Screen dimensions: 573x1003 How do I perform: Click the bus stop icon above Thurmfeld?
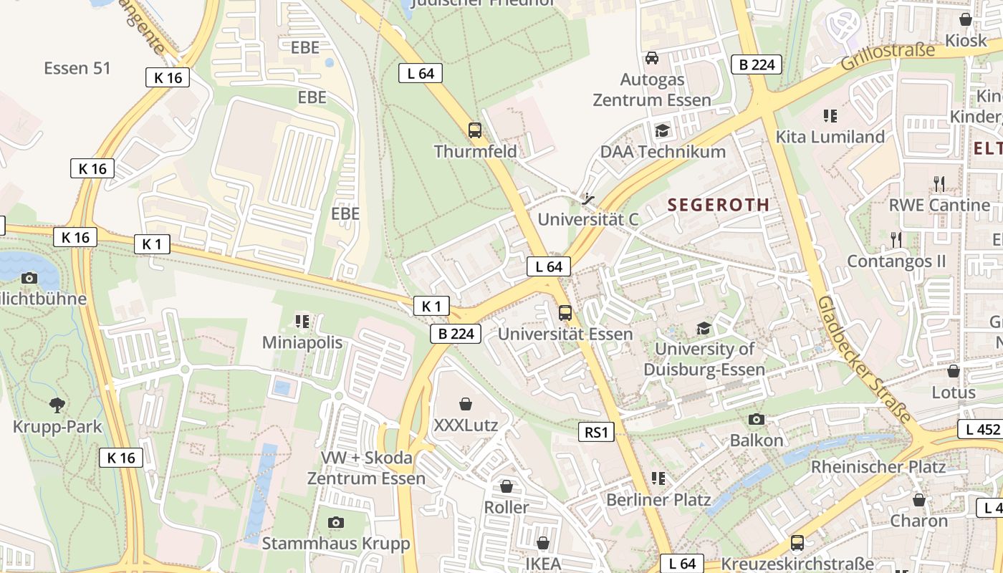[x=474, y=130]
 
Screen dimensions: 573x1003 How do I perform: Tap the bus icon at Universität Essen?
[x=565, y=313]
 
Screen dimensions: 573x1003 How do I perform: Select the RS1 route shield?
[x=596, y=432]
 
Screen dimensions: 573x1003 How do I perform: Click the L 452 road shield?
[x=979, y=430]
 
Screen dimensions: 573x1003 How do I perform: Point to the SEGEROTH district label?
[x=719, y=205]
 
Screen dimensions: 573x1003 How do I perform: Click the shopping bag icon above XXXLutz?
[x=466, y=405]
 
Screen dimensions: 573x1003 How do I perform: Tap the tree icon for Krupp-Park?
[x=57, y=405]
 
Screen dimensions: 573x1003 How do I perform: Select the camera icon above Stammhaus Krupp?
[x=335, y=523]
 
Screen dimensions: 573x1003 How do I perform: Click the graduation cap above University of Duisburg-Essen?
[x=704, y=328]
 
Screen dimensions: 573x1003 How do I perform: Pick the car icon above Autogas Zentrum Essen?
[x=652, y=58]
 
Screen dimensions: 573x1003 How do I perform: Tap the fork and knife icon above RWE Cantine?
[x=939, y=184]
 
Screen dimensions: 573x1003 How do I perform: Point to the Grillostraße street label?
[x=888, y=57]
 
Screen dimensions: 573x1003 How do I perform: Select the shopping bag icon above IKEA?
[x=543, y=543]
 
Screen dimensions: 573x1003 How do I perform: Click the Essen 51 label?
[x=77, y=68]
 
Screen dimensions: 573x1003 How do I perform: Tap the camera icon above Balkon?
[x=757, y=419]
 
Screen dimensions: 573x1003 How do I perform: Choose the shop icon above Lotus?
[x=954, y=371]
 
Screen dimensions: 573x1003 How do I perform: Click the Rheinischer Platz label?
[x=878, y=467]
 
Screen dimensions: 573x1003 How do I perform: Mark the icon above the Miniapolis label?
[x=302, y=322]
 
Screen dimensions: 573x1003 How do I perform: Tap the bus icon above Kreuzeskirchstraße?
[x=797, y=543]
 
